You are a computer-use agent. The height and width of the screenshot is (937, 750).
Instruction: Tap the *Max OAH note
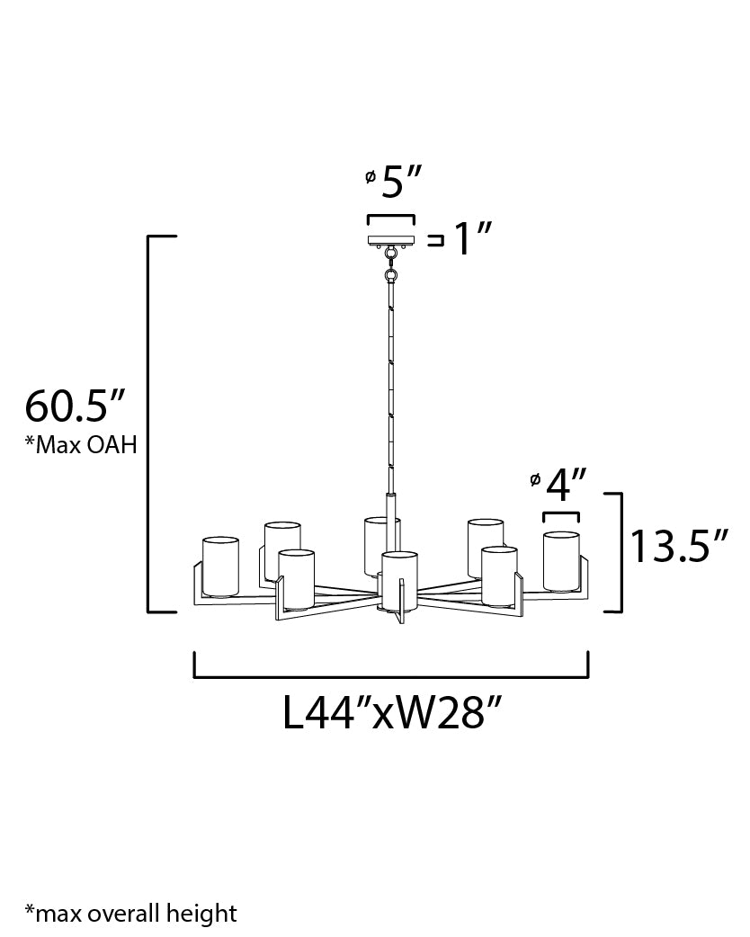(81, 445)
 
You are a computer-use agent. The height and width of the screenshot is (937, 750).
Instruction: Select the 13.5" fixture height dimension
(679, 547)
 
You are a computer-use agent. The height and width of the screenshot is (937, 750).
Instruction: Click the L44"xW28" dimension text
(391, 714)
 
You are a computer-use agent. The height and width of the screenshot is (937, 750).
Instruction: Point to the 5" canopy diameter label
(396, 183)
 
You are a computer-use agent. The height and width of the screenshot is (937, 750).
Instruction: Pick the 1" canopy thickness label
(471, 240)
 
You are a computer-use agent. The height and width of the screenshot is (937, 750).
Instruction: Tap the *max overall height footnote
(131, 914)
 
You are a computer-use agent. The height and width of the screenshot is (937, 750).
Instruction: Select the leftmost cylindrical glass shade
(220, 567)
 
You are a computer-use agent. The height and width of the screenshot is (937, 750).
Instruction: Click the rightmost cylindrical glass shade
(561, 562)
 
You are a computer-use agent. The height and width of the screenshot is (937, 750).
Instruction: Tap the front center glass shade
(399, 580)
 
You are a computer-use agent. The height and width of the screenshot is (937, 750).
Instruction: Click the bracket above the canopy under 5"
(390, 219)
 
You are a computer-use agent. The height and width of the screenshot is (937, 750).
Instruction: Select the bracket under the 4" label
(560, 516)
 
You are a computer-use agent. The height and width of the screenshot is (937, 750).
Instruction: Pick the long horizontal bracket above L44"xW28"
(391, 674)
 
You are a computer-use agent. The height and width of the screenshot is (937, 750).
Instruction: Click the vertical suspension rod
(390, 387)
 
